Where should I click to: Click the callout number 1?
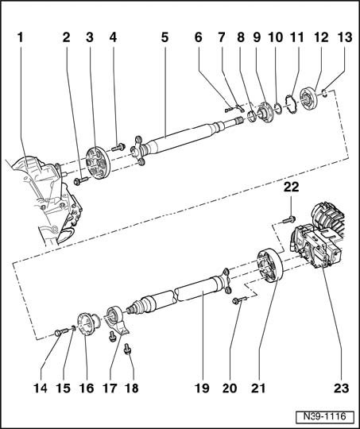tap(21, 37)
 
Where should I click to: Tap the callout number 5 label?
tap(165, 37)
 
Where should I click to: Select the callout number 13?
tap(345, 37)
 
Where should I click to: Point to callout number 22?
tap(291, 187)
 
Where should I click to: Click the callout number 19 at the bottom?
tap(202, 388)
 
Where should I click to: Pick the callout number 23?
tap(341, 388)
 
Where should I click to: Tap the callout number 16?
tap(87, 388)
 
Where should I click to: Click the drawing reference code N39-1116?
tap(324, 417)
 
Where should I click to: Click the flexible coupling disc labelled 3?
tap(98, 163)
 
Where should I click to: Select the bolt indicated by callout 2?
tap(80, 180)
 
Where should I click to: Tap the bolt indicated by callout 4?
tap(118, 148)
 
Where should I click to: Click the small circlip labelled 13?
tap(324, 94)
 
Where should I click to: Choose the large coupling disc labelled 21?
tap(269, 265)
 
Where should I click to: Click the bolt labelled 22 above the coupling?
tap(288, 219)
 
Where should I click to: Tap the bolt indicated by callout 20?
tap(239, 300)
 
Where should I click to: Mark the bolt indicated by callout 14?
tap(63, 332)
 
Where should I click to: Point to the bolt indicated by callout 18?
tap(127, 350)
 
